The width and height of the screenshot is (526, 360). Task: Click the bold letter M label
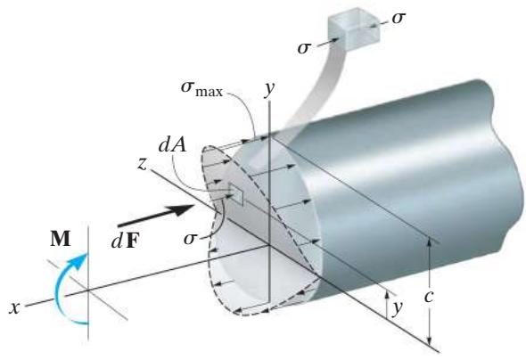click(61, 239)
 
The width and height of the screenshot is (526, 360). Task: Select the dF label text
click(125, 241)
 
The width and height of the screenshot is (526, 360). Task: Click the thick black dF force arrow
click(155, 216)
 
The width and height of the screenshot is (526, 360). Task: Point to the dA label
click(172, 145)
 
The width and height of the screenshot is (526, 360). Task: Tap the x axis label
click(14, 307)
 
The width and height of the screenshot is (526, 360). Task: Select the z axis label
click(143, 164)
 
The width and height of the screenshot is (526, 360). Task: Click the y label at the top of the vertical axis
click(269, 88)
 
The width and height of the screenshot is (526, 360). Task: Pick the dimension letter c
click(429, 297)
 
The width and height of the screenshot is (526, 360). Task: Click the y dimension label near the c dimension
click(399, 307)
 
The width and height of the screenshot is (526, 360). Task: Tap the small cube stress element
click(354, 29)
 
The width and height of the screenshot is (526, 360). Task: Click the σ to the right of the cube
click(399, 18)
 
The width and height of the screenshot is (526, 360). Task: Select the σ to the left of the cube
click(304, 48)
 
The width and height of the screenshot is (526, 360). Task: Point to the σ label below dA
click(190, 239)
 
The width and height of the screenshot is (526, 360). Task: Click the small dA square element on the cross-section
click(235, 193)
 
